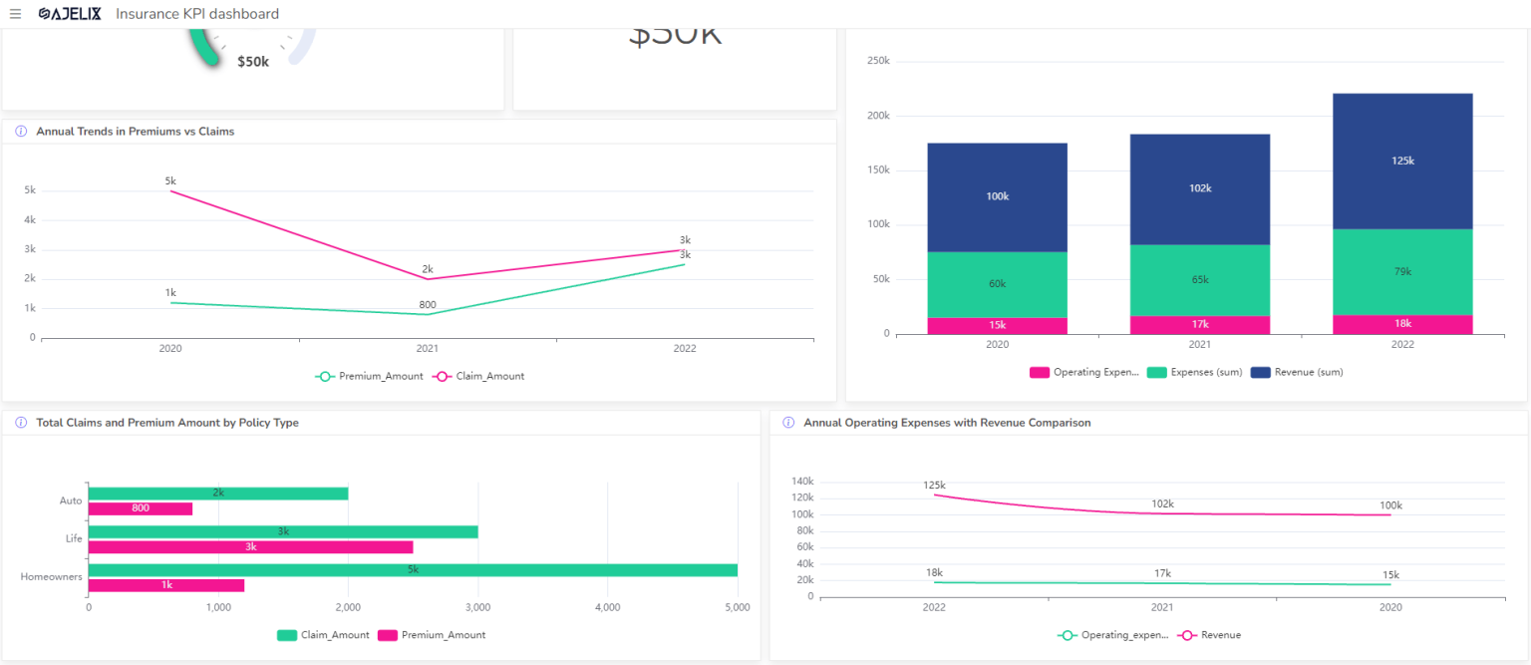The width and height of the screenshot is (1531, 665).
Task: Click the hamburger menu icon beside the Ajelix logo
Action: [x=15, y=14]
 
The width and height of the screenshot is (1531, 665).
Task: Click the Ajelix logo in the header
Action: [x=70, y=14]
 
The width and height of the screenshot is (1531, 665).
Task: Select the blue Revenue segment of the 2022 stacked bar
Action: [x=1402, y=161]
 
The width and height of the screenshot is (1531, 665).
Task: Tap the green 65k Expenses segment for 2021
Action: [x=1199, y=280]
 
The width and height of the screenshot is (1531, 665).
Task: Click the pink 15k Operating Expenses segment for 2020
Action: [x=997, y=325]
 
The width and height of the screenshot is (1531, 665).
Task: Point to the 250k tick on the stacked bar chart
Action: [x=878, y=61]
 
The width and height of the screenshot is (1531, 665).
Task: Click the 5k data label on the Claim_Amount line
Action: [x=170, y=180]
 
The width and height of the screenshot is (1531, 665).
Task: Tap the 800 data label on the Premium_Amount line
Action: [x=427, y=304]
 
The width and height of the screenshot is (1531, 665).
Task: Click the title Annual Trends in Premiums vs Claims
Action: [x=135, y=131]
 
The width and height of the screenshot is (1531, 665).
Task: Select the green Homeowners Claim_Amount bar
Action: [x=413, y=570]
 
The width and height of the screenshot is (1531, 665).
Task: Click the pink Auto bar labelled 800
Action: [x=140, y=508]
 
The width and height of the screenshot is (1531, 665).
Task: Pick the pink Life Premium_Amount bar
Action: [x=250, y=547]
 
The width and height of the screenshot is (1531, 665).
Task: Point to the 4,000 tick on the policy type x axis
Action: [x=607, y=606]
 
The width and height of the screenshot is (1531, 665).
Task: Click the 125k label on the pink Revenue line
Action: [x=934, y=486]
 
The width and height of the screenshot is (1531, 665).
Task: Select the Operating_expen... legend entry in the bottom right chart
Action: [x=1110, y=635]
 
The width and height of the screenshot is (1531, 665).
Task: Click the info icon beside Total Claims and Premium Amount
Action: [x=21, y=423]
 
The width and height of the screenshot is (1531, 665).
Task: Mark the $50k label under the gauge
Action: [x=253, y=62]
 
